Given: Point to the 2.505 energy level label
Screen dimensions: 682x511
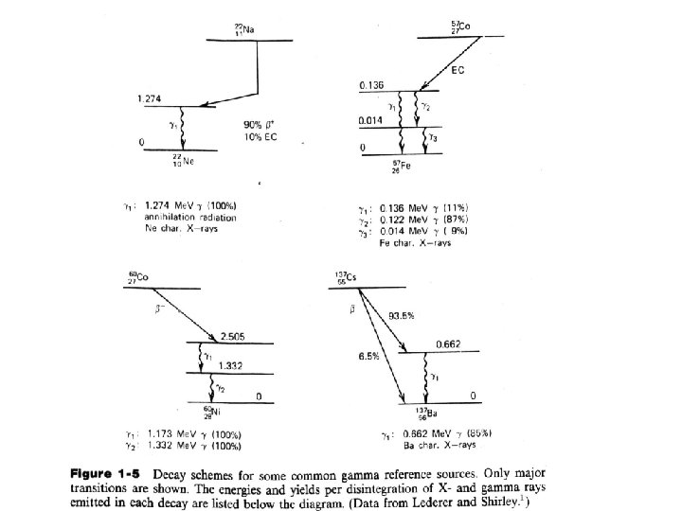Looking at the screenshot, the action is coord(232,336).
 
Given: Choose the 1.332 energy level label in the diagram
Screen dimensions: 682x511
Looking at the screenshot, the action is coord(230,365).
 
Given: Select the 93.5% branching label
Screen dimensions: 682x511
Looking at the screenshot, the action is coord(403,315).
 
